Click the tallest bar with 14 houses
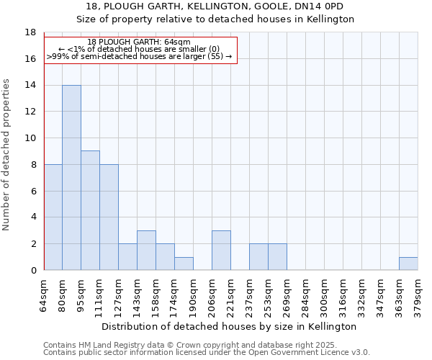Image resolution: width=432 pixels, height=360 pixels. coord(71,178)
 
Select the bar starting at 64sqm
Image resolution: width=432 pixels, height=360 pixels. coord(53,217)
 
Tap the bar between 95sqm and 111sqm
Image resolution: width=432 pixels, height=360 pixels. coord(90,210)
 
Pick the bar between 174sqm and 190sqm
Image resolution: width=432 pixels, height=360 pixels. coord(184,264)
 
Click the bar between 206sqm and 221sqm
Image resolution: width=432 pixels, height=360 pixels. coord(221,251)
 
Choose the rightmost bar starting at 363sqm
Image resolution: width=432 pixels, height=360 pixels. coord(408,264)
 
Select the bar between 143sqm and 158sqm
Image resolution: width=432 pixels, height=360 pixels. coord(146,251)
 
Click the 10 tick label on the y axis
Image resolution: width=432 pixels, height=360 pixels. coord(30,138)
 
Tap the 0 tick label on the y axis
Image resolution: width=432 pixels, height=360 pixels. coord(33,271)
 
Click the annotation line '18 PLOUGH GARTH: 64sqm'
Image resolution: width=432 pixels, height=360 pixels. coord(139,42)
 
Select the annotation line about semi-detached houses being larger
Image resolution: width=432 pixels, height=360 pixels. coord(139,56)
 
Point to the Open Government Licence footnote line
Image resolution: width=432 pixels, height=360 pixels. coord(207,352)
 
